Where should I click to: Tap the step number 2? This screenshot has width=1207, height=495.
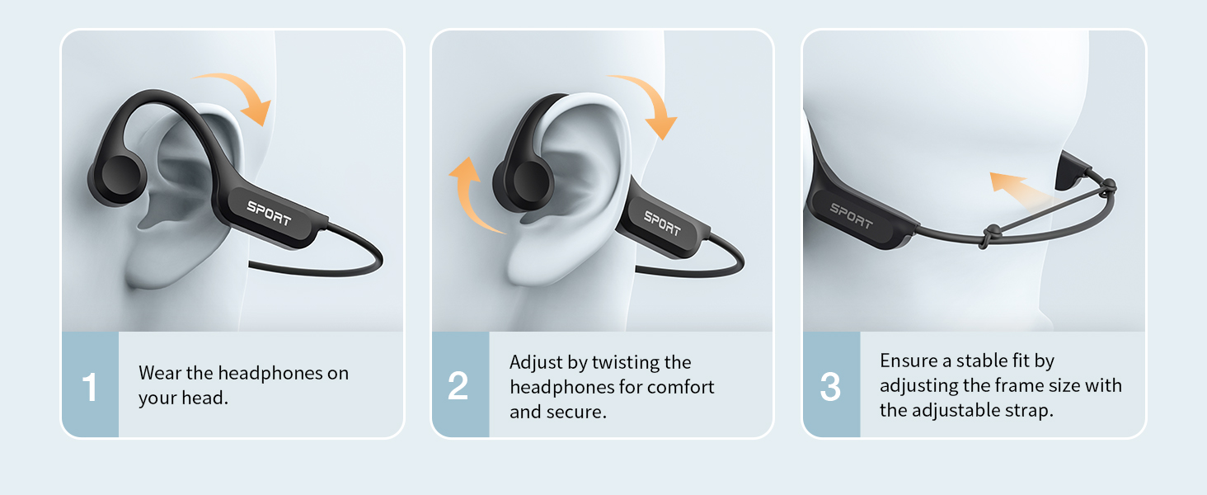click(x=458, y=386)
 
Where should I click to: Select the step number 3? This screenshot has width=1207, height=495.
click(x=830, y=386)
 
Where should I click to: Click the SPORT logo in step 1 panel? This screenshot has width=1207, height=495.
click(x=269, y=213)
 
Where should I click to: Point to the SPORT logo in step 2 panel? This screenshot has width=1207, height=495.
click(x=663, y=223)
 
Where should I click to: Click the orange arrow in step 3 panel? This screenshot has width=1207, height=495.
click(x=1019, y=189)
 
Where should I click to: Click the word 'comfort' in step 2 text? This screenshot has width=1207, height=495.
click(x=683, y=387)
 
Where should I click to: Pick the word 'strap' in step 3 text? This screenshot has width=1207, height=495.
click(x=1031, y=410)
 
